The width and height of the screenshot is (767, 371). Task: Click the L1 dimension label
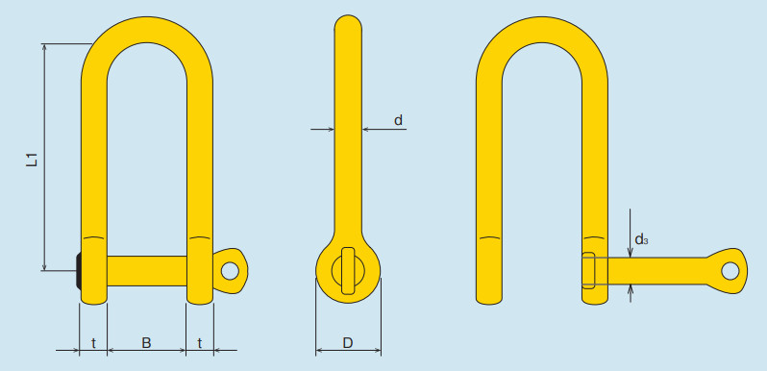pos(32,161)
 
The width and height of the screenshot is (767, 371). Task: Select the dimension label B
pos(146,343)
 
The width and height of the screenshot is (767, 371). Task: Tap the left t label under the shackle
pos(93,343)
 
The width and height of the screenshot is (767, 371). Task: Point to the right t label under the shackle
pos(200,343)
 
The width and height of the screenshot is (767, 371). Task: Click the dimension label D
pos(347,343)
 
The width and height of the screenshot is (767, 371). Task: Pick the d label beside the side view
pos(399,120)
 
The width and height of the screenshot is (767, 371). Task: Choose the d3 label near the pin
pos(641,239)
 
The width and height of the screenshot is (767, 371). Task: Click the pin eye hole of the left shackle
pos(230,270)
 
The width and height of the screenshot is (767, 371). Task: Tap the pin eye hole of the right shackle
pos(730,271)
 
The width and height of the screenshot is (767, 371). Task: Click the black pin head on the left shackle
pos(78,271)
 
